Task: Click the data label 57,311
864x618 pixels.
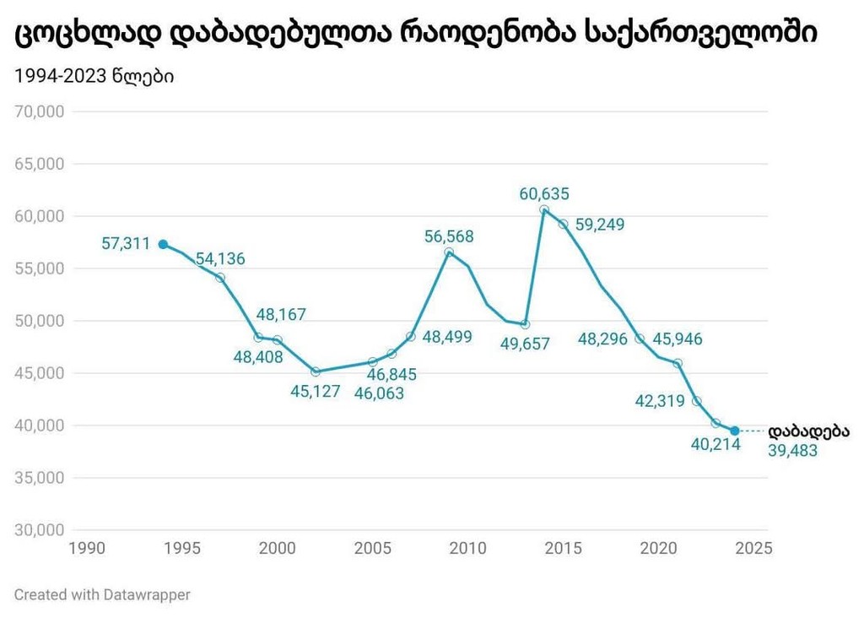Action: tap(126, 244)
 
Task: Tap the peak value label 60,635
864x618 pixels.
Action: tap(544, 193)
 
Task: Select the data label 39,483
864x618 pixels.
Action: tap(792, 451)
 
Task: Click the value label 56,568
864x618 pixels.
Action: tap(449, 236)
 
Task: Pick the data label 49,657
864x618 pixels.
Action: tap(524, 344)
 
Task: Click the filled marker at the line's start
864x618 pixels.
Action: tap(163, 244)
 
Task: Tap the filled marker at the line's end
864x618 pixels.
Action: tap(735, 431)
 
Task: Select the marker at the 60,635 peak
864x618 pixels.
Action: tap(544, 209)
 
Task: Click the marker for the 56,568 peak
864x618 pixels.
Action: tap(449, 252)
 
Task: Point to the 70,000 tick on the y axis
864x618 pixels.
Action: tap(40, 111)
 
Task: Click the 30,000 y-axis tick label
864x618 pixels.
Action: tap(40, 530)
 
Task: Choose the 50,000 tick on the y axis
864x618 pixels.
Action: tap(40, 321)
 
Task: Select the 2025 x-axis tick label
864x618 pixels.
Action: tap(753, 549)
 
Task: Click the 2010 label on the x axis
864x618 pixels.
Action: tap(467, 549)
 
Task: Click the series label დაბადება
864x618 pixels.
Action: tap(808, 431)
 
